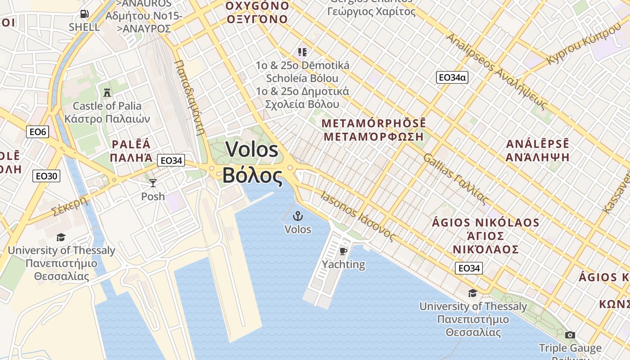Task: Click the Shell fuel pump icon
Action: [84, 14]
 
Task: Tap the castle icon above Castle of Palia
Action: [107, 93]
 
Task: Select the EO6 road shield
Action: [37, 131]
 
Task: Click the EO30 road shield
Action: [46, 175]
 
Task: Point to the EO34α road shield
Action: [452, 77]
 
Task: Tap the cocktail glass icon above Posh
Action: [153, 183]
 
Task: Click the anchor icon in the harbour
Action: [297, 216]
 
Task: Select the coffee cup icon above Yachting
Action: [343, 251]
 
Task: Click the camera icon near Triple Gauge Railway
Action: [570, 335]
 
